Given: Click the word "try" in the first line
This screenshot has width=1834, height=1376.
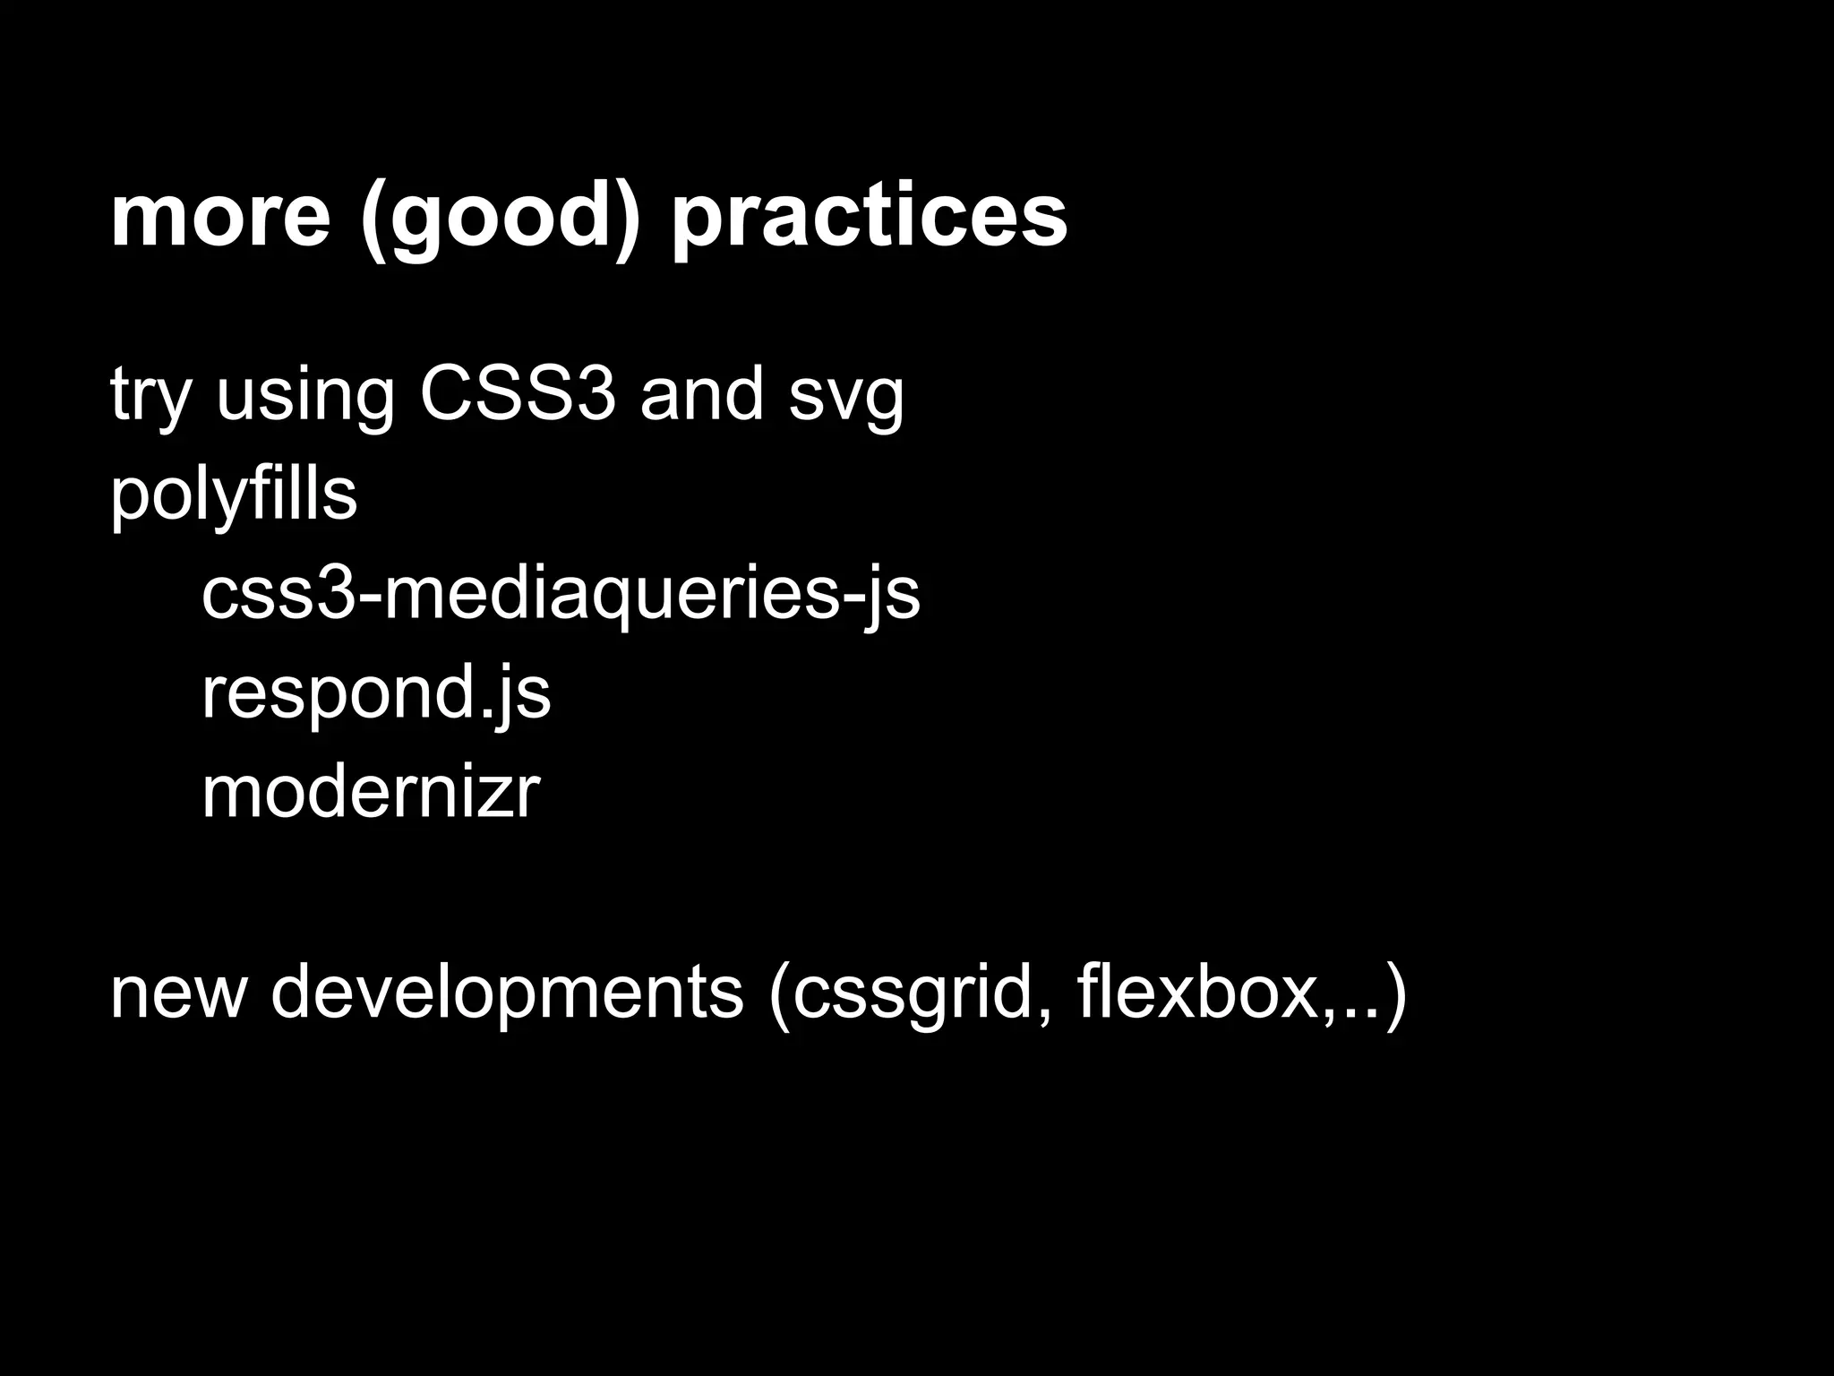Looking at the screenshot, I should click(x=150, y=395).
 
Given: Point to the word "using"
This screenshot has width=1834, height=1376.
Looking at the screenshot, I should click(x=305, y=395).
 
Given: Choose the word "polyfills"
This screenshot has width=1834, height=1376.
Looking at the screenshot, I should click(x=234, y=494).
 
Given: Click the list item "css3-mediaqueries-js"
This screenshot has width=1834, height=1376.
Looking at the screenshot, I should click(x=561, y=594).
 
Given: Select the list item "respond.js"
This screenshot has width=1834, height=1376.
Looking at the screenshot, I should click(x=376, y=693).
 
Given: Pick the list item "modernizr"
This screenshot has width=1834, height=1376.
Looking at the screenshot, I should click(x=371, y=792).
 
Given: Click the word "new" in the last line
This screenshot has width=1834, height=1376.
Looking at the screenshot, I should click(x=177, y=993).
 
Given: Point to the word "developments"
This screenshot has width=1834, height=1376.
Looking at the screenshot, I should click(x=507, y=993).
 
